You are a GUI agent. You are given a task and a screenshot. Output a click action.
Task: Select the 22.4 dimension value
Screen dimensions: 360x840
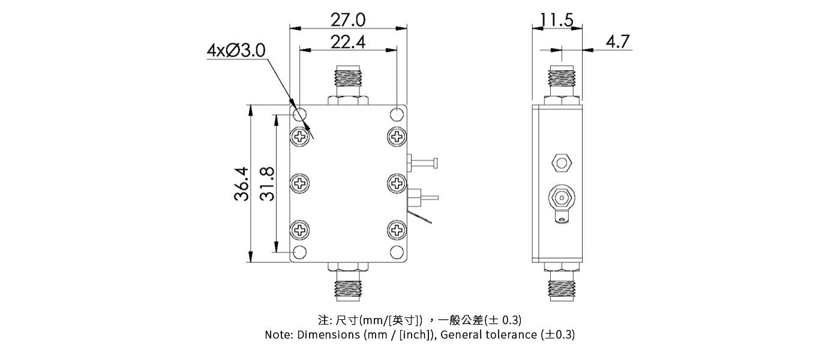point(348,42)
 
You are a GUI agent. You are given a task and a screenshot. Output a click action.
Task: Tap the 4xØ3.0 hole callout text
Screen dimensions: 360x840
point(235,50)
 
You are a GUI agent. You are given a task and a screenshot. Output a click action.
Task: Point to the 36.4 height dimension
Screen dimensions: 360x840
point(241,184)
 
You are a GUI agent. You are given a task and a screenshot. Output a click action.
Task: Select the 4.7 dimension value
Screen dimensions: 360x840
point(617,42)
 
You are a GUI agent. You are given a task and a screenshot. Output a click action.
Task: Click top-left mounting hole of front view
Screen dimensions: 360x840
point(299,114)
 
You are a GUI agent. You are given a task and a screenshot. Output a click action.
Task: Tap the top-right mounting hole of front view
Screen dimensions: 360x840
point(397,114)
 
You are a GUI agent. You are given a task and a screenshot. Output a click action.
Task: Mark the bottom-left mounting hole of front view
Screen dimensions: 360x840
point(299,252)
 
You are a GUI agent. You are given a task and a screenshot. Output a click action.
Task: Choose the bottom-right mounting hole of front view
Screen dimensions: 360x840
point(397,252)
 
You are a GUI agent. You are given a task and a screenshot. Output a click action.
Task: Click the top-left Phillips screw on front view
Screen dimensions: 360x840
point(300,136)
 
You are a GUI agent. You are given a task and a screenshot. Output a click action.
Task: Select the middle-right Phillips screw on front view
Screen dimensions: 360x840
point(397,182)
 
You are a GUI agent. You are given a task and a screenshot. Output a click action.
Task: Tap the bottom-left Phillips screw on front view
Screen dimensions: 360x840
point(300,229)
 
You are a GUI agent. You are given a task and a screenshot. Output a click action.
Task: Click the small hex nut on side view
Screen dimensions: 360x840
point(561,162)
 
